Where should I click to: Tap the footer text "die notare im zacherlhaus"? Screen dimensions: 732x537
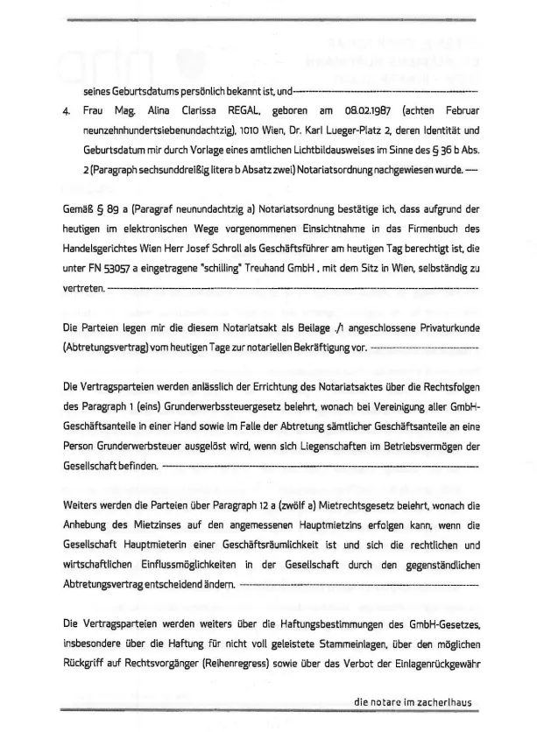click(x=414, y=701)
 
